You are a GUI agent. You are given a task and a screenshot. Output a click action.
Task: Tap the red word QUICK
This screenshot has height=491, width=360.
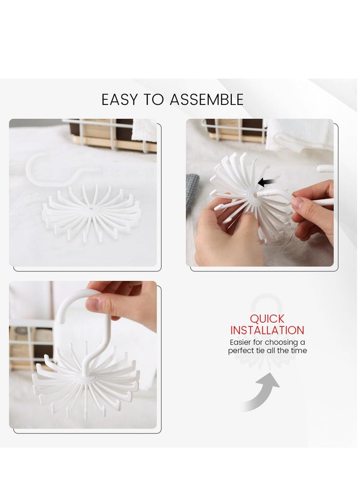[x=267, y=319]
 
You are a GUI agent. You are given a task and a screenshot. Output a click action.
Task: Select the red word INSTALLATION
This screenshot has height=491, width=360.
[x=267, y=330]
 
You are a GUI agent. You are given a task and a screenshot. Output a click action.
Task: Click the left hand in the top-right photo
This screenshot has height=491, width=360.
[x=225, y=239]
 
